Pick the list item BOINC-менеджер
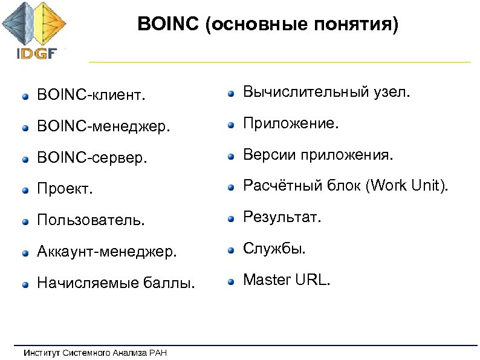(103, 127)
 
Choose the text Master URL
(287, 280)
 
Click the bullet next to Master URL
(231, 281)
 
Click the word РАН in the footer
(157, 352)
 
